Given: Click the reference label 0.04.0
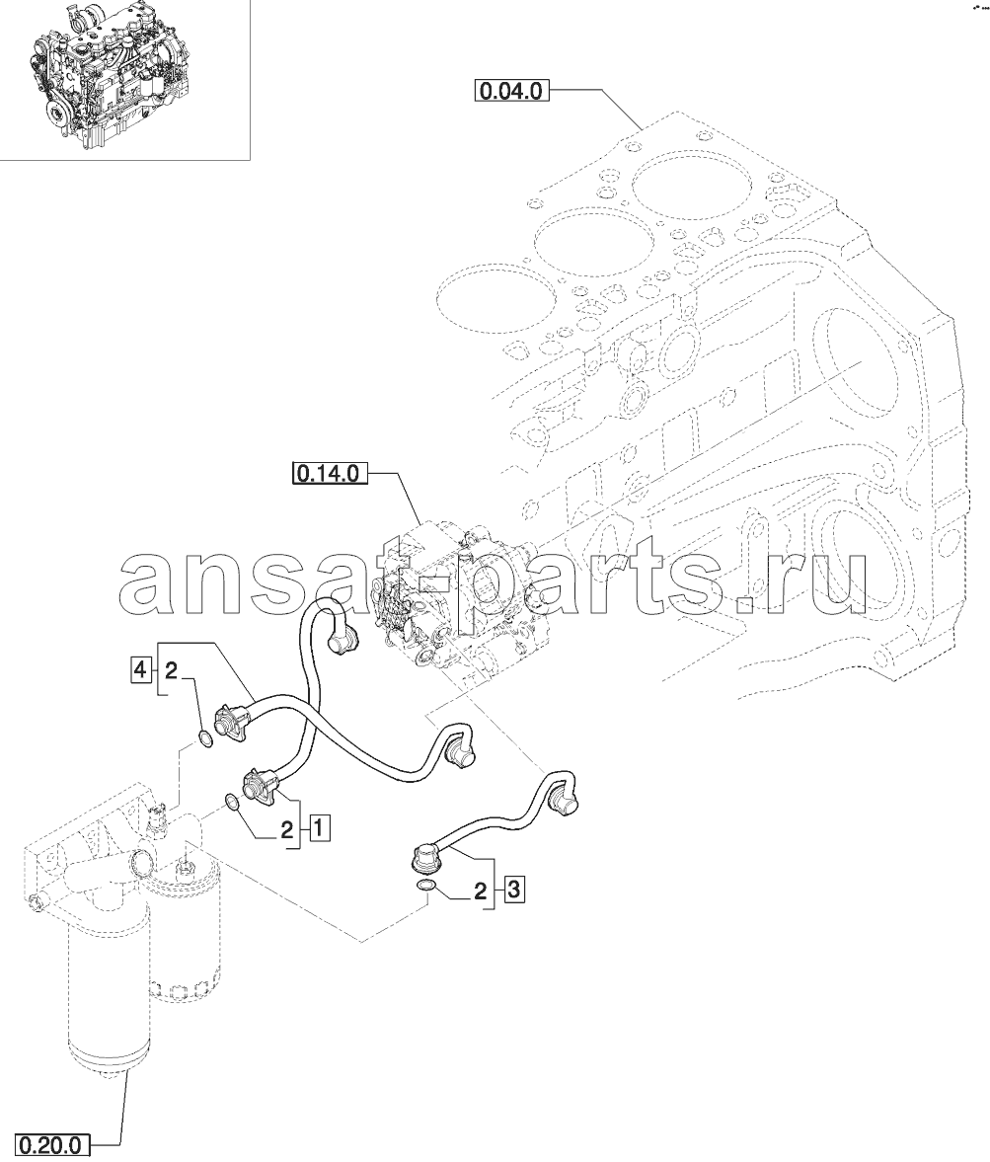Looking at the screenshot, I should (510, 93).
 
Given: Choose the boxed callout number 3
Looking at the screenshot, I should (513, 891).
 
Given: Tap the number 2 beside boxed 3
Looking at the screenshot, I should (481, 891).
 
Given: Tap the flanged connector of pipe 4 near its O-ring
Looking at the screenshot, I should (232, 721).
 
